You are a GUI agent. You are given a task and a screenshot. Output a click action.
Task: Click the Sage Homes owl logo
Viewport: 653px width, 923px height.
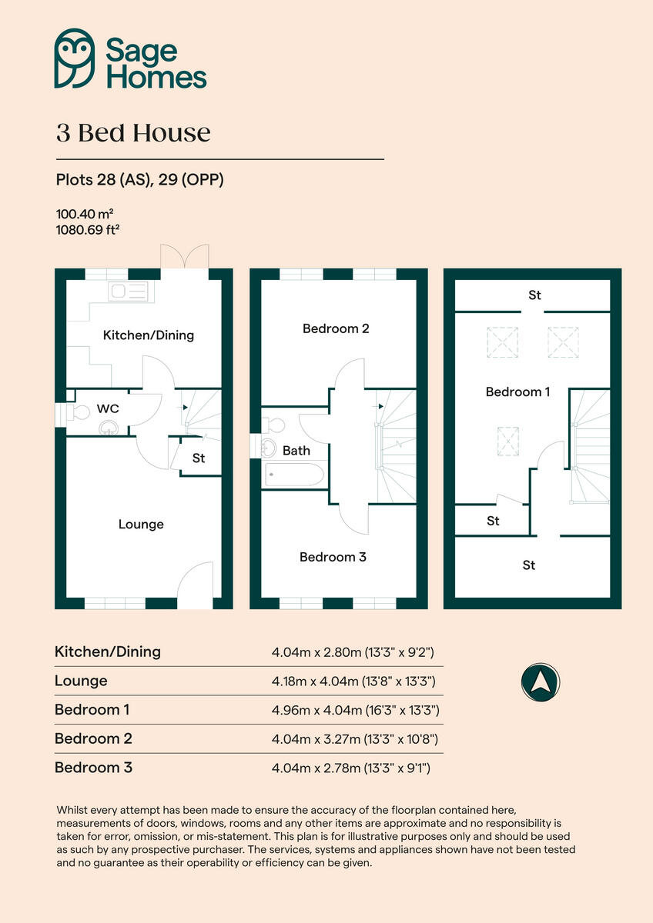75,58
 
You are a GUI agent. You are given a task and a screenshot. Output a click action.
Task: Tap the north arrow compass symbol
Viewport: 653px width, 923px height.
541,681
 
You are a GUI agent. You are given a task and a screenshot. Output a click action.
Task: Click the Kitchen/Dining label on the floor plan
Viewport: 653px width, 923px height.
149,335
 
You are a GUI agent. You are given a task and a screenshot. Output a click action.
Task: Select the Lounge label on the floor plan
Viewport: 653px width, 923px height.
141,525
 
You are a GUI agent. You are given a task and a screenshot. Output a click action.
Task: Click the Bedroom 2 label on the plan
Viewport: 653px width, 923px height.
336,328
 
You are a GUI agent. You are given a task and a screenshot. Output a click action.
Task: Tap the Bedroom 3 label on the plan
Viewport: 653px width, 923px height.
333,557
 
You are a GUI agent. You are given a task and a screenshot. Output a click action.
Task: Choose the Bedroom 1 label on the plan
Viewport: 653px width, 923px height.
517,392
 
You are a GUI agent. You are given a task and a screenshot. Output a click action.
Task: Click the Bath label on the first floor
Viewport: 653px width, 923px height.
296,451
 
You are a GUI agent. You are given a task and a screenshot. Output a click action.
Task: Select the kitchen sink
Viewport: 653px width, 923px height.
129,291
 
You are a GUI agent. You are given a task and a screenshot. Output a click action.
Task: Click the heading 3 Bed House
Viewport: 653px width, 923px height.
133,133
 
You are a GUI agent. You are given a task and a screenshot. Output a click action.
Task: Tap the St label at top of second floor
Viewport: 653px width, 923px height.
534,295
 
